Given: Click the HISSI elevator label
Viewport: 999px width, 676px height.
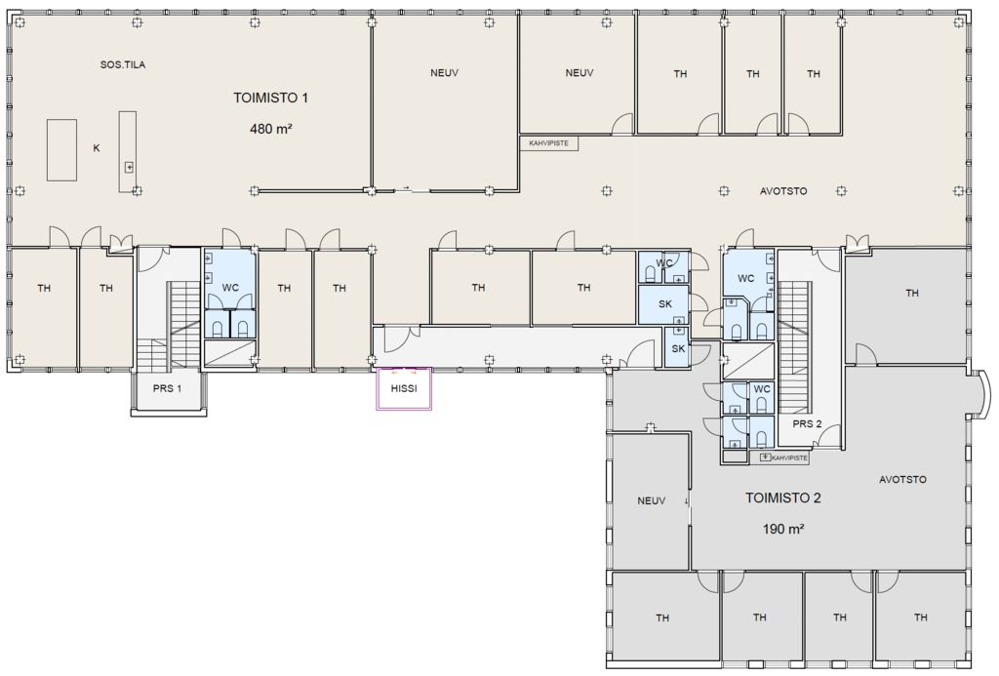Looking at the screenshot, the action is click(x=404, y=388).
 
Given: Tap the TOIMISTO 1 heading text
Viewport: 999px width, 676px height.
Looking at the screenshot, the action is click(x=271, y=98).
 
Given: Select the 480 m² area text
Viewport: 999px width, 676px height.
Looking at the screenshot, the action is click(x=271, y=129).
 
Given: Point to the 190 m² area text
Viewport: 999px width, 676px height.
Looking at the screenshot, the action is click(x=783, y=529).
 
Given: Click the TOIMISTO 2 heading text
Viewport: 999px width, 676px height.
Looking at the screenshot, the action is click(x=783, y=497).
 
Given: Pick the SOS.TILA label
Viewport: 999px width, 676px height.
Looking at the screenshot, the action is click(x=123, y=64).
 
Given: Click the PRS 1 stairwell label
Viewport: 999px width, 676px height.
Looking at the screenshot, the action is click(x=167, y=388).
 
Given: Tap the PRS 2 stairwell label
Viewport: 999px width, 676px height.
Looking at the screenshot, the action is click(x=807, y=423).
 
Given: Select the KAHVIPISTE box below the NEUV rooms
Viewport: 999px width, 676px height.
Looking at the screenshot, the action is click(x=549, y=143).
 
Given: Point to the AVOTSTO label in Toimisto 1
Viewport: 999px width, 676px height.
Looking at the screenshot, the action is click(x=783, y=190).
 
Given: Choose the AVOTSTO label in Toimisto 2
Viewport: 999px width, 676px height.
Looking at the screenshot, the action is click(x=902, y=479).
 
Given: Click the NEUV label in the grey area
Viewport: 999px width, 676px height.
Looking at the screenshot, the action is click(x=651, y=500).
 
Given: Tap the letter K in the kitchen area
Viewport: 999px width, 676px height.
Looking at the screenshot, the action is click(x=97, y=148).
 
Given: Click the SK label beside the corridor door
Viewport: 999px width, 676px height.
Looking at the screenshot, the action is click(x=678, y=348).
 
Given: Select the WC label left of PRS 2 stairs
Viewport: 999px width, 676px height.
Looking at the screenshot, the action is click(x=746, y=278).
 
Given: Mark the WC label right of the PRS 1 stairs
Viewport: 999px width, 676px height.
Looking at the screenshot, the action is click(x=230, y=288).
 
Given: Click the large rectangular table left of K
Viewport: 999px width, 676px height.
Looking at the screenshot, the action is click(x=61, y=149).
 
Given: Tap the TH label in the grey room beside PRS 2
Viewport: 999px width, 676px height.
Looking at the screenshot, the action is click(x=912, y=293).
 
